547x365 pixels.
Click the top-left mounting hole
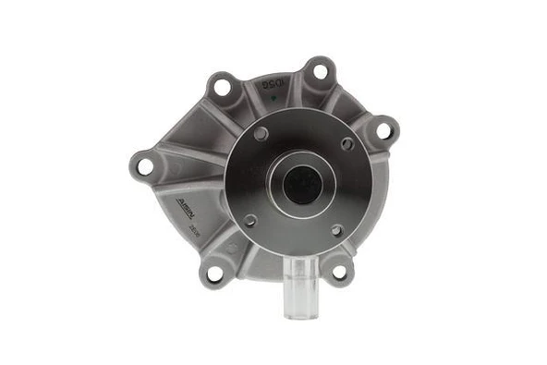(222, 88)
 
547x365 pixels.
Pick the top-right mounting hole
(320, 70)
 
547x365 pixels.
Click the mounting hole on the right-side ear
(383, 130)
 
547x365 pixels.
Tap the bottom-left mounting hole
(215, 274)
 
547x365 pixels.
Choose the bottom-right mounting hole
(339, 272)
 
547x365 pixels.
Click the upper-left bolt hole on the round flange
(261, 134)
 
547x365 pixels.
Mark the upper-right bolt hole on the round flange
(347, 144)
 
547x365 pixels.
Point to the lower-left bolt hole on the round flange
(249, 219)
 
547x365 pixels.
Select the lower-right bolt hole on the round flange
(336, 230)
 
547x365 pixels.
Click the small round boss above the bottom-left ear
(231, 247)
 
